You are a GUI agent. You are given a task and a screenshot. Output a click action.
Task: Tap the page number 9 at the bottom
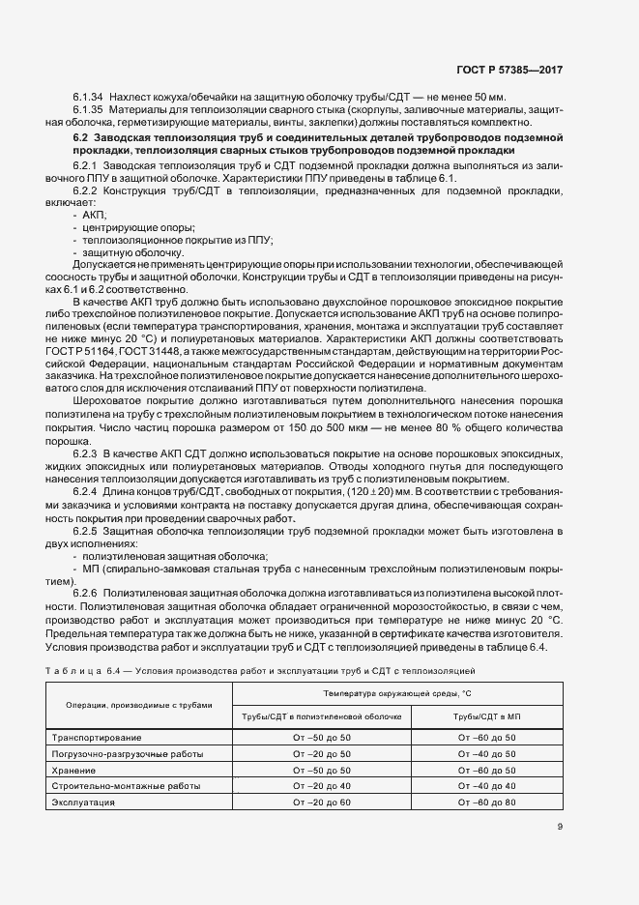[x=560, y=827]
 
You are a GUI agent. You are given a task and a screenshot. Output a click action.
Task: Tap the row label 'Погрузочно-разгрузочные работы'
[x=120, y=753]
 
